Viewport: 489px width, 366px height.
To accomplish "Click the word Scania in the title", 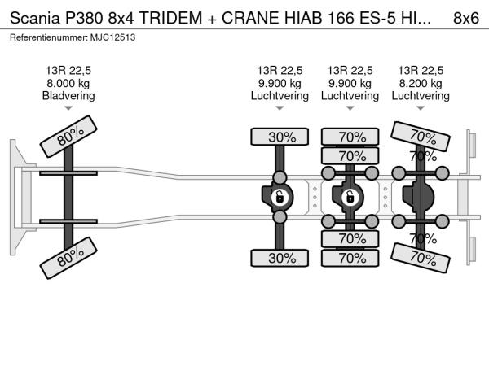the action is pos(34,18).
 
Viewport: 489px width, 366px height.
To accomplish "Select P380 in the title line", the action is pos(84,18).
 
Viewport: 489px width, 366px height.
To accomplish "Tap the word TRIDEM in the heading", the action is pos(170,18).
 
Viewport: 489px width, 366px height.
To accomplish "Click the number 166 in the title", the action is pos(341,18).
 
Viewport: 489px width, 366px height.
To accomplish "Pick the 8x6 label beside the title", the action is pos(466,18).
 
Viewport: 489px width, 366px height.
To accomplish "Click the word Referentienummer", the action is pos(49,37).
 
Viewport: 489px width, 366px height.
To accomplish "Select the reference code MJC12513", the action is pos(113,37).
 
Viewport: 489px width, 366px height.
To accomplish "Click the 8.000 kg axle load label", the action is pos(68,84).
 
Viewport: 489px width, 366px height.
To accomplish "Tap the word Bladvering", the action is pos(68,96).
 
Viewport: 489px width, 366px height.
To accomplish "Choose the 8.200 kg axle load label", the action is pos(421,84).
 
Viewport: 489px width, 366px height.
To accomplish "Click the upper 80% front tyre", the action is pos(68,137).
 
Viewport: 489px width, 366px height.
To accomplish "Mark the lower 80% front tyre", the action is pos(68,258).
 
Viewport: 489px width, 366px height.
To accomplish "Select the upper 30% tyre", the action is pos(280,137).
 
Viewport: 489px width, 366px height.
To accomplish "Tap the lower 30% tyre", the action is pos(280,258).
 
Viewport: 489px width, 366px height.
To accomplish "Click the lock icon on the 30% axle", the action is pos(280,197).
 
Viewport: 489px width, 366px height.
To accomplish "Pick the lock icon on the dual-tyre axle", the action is pos(350,197).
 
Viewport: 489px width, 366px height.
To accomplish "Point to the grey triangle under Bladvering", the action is pos(68,108).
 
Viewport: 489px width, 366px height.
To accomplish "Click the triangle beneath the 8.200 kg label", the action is pos(421,108).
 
